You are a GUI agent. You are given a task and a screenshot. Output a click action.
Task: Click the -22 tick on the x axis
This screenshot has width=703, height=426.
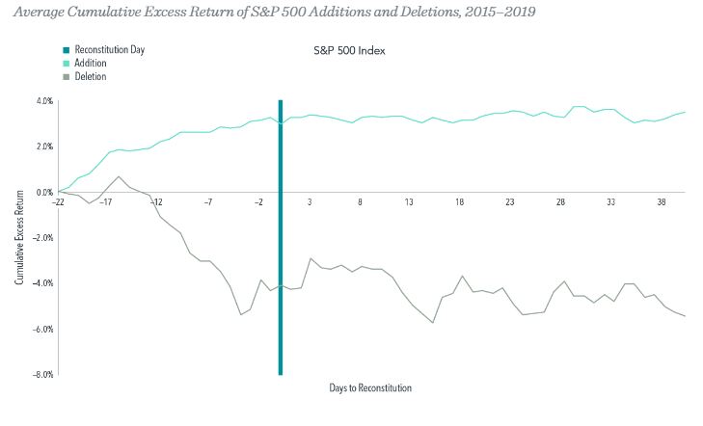59,202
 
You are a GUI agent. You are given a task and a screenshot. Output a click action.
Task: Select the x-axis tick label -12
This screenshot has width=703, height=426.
156,202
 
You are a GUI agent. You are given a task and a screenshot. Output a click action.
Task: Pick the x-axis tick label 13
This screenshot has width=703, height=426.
410,202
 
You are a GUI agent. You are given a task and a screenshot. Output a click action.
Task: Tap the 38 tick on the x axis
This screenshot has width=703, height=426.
661,202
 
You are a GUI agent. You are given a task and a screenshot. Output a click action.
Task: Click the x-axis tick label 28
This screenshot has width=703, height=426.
560,202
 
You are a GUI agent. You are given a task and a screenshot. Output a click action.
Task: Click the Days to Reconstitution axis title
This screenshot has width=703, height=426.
370,387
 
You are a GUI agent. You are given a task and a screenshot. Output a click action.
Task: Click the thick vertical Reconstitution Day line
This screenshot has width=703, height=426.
280,289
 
